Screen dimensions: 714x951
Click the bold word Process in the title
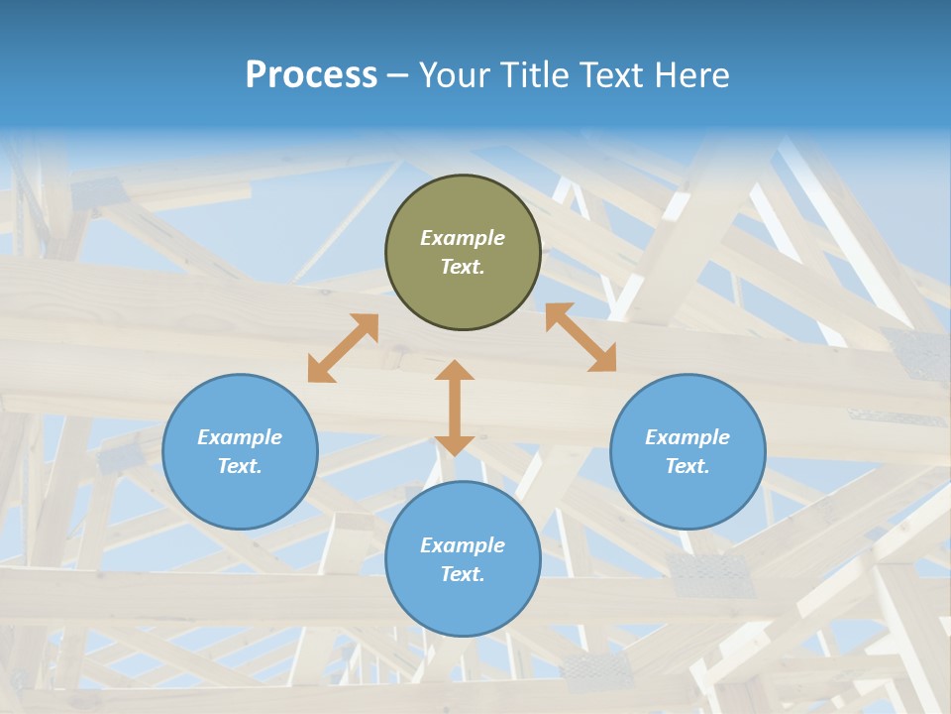pos(311,75)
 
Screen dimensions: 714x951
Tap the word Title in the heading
pos(531,75)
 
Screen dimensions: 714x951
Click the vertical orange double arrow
pos(455,408)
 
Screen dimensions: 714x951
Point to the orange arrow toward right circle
pos(581,337)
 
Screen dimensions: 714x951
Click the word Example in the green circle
pos(463,238)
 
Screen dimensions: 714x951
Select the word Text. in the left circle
pos(240,466)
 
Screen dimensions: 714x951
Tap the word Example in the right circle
pos(687,437)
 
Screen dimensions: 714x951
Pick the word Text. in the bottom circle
pos(463,574)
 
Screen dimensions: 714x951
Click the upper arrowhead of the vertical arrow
pos(455,371)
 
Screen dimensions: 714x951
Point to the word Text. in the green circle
pos(463,267)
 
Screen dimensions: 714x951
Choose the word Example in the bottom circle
pos(463,545)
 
